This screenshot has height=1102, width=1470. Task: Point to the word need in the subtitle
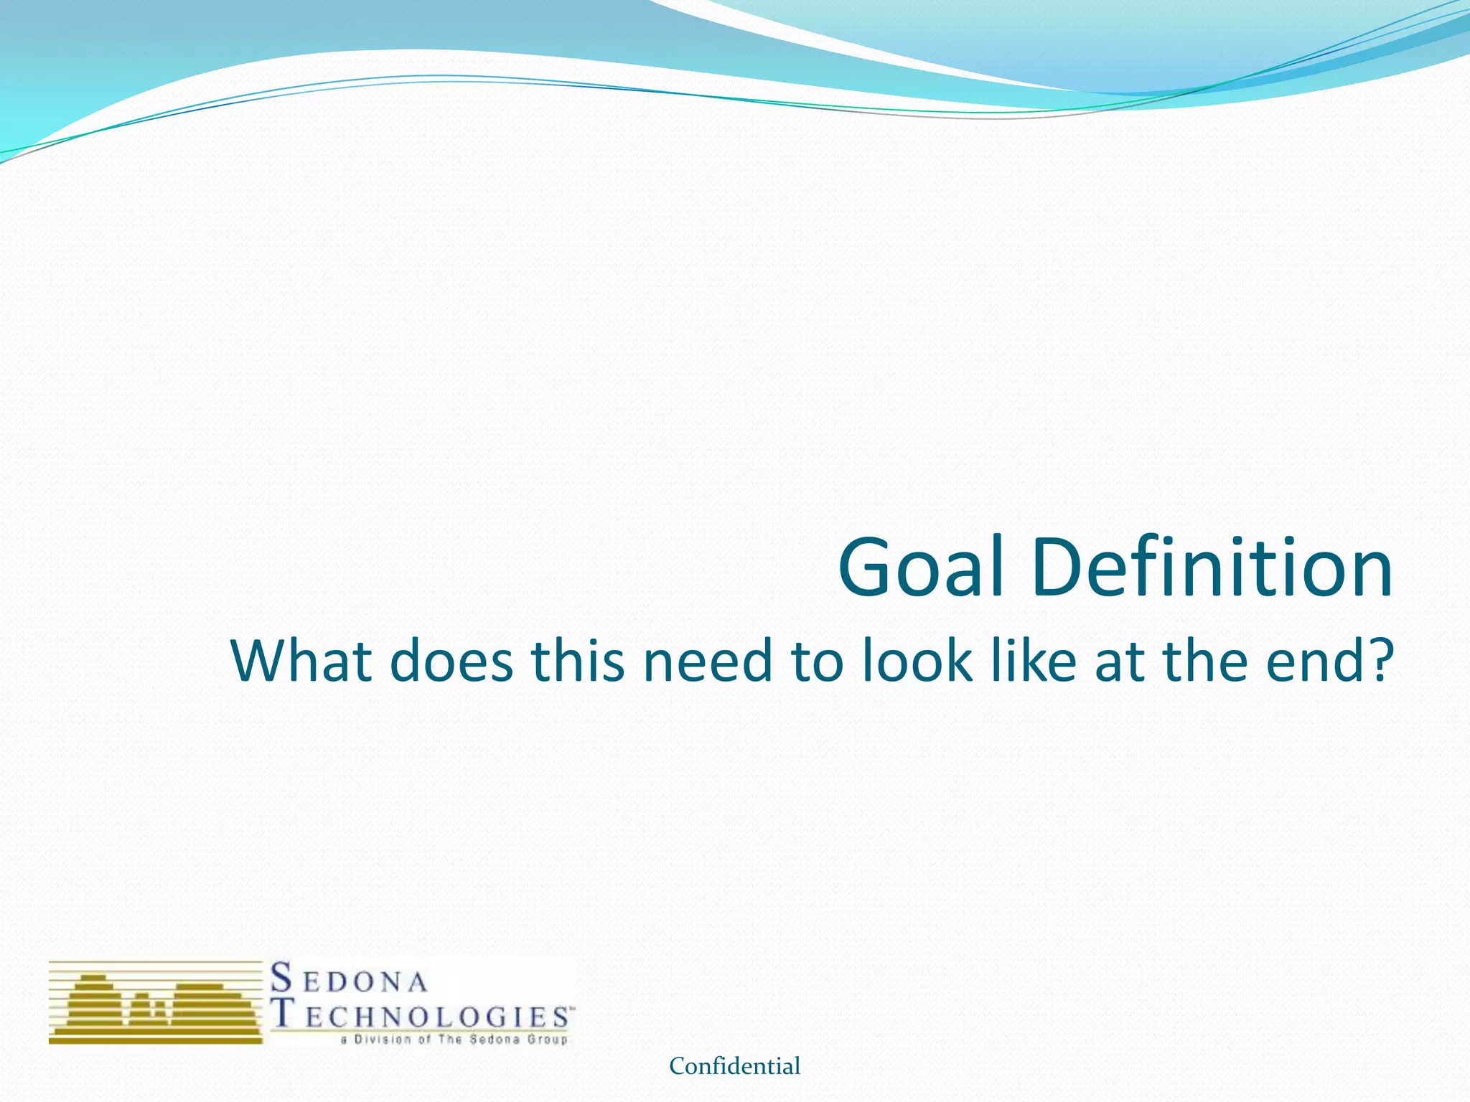point(707,661)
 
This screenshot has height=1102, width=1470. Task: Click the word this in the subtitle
point(579,661)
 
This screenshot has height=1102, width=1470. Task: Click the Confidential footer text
point(734,1066)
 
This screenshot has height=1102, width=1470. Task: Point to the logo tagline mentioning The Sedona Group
point(454,1040)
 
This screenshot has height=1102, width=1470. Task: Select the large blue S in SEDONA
point(282,978)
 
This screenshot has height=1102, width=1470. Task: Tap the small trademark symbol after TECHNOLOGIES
point(572,1008)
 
